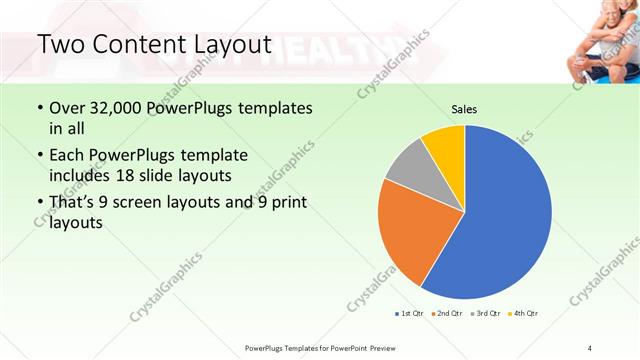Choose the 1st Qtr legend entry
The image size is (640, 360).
(408, 313)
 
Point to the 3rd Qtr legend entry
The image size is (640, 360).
(485, 313)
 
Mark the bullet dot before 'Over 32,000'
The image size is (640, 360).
(39, 108)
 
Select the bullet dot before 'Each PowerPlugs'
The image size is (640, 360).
(39, 156)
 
